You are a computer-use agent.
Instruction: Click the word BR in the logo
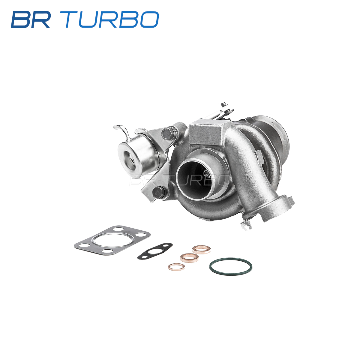[31, 19]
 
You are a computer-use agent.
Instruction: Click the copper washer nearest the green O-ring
[201, 250]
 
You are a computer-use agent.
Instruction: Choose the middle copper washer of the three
[189, 258]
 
